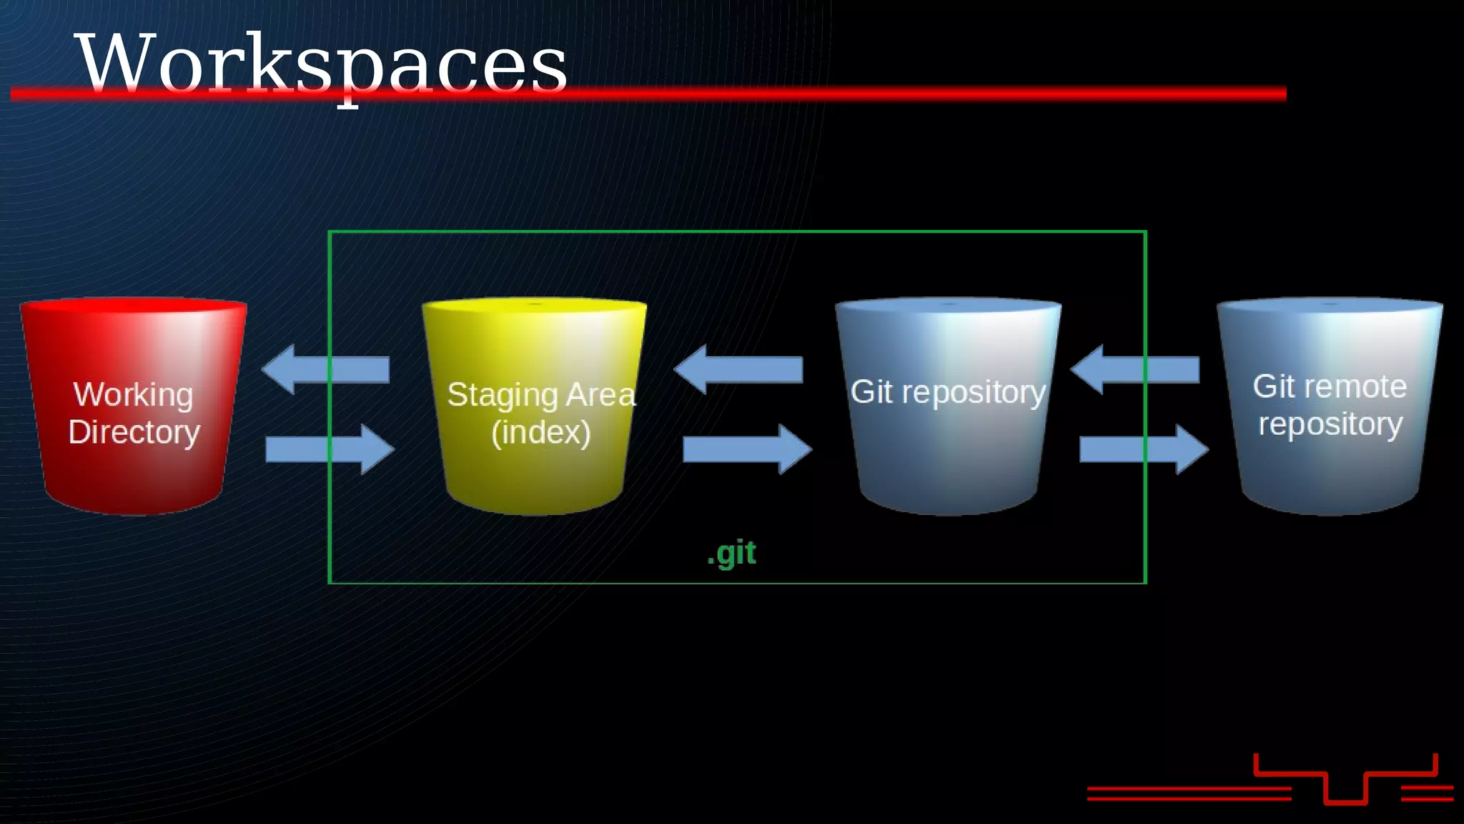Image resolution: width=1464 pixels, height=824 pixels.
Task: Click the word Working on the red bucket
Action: (133, 395)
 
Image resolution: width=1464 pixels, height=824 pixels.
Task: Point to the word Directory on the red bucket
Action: (134, 432)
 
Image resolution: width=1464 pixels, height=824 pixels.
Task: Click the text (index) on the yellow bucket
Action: (540, 432)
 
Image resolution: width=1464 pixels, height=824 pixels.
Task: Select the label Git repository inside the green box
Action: (948, 392)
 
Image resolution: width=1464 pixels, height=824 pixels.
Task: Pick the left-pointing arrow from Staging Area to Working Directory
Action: (325, 369)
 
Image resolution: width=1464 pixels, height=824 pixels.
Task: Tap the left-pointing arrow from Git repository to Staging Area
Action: (738, 369)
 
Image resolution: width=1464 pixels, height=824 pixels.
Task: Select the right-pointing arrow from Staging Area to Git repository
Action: (748, 449)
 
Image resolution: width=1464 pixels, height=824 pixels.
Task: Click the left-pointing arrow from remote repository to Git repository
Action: (1134, 369)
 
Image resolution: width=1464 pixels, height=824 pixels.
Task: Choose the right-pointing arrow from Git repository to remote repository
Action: (1144, 449)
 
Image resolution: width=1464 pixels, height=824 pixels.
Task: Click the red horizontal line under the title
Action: (858, 94)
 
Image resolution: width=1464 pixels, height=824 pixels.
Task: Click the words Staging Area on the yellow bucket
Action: (540, 395)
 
